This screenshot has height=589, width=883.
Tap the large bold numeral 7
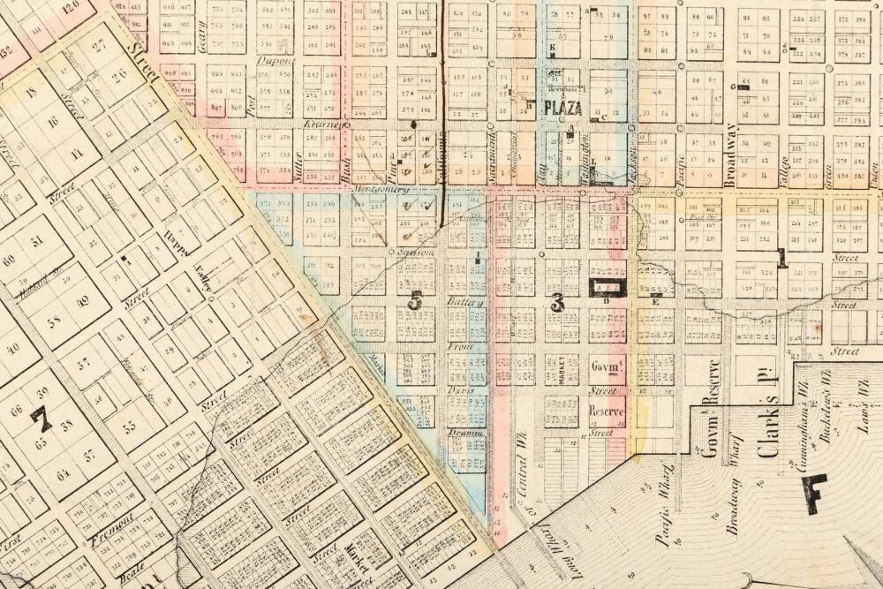42,418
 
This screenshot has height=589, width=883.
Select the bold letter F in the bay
812,493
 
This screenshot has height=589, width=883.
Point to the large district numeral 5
414,300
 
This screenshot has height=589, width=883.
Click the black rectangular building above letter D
608,287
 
